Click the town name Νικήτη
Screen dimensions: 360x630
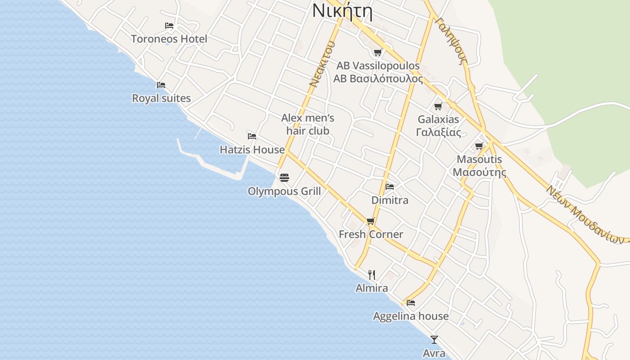pyautogui.click(x=342, y=11)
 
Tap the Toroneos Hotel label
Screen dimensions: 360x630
pyautogui.click(x=169, y=39)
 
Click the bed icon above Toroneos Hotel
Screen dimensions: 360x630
pyautogui.click(x=169, y=26)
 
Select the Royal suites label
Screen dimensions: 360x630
pyautogui.click(x=161, y=98)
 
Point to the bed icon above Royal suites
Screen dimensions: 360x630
pyautogui.click(x=161, y=85)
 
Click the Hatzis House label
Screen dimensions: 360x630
pyautogui.click(x=252, y=149)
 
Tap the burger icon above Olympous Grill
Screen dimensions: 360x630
pyautogui.click(x=284, y=178)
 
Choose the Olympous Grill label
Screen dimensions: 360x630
pyautogui.click(x=284, y=191)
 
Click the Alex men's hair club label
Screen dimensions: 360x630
pyautogui.click(x=308, y=124)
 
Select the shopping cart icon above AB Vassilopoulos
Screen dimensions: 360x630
pyautogui.click(x=378, y=53)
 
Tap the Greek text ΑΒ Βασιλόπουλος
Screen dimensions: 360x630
pyautogui.click(x=378, y=79)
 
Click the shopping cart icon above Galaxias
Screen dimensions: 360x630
pyautogui.click(x=438, y=106)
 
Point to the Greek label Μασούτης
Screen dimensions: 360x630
pyautogui.click(x=479, y=172)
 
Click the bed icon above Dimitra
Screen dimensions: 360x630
pyautogui.click(x=390, y=186)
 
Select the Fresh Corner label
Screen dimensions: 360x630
pyautogui.click(x=371, y=234)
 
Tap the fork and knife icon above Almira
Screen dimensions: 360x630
pyautogui.click(x=372, y=274)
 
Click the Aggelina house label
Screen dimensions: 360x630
pyautogui.click(x=411, y=316)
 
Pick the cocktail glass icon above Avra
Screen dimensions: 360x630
pyautogui.click(x=434, y=340)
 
